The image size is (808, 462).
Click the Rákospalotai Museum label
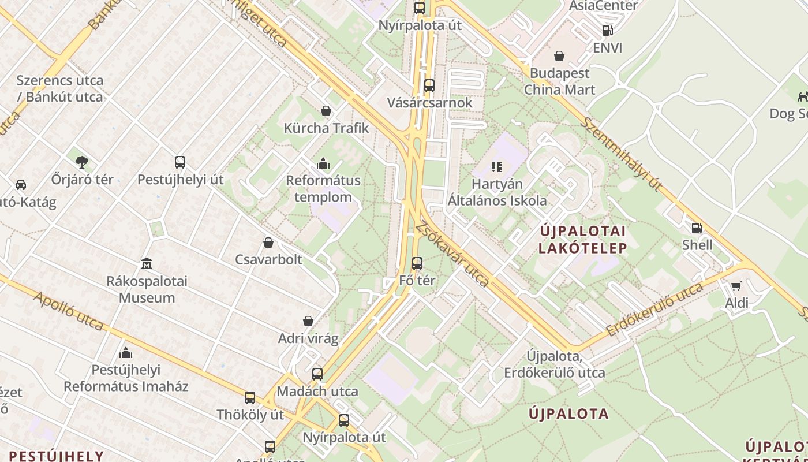click(x=148, y=289)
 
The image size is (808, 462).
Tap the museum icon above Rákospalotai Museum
click(x=147, y=264)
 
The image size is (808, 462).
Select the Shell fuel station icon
click(x=697, y=228)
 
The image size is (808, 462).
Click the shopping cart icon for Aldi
click(x=736, y=286)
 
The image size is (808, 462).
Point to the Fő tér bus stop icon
click(x=417, y=263)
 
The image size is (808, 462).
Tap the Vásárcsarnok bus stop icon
click(x=429, y=85)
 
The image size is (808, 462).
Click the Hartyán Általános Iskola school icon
click(x=497, y=167)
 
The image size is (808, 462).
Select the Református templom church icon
click(x=323, y=164)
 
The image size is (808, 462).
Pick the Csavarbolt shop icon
click(x=268, y=243)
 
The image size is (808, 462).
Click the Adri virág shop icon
click(x=308, y=321)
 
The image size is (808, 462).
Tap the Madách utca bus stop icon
click(x=317, y=374)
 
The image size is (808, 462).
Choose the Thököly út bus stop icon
click(x=250, y=398)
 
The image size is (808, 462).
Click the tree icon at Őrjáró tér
click(x=82, y=162)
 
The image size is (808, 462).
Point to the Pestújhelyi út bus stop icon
click(x=180, y=162)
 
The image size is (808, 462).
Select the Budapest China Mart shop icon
click(x=559, y=56)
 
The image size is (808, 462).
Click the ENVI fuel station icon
click(x=607, y=31)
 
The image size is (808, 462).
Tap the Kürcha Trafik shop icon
click(x=326, y=111)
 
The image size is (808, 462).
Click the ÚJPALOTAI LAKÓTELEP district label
click(x=582, y=240)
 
